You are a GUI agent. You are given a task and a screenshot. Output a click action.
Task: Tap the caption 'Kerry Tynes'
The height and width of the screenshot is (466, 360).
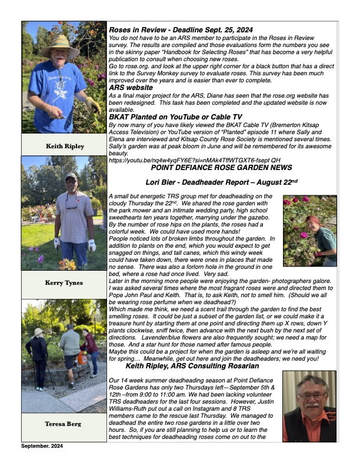click(x=64, y=282)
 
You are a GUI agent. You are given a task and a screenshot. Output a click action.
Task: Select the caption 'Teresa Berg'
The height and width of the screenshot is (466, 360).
click(x=64, y=424)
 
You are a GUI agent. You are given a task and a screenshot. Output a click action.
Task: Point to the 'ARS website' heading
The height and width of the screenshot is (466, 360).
click(x=129, y=87)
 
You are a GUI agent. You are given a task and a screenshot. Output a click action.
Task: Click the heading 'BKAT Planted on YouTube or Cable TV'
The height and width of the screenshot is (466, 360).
click(x=175, y=117)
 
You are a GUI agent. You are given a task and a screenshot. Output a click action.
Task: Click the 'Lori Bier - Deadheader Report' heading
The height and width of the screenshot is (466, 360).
click(x=223, y=182)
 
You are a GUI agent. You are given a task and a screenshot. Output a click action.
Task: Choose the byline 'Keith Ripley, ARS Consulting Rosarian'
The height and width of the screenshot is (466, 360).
click(x=192, y=366)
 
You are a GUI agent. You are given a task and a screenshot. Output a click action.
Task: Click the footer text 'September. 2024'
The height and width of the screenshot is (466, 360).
click(x=42, y=447)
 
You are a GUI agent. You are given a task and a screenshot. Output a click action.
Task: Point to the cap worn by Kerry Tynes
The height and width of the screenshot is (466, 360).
click(x=71, y=177)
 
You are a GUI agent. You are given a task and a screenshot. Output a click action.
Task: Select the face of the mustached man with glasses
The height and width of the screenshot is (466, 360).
click(x=310, y=393)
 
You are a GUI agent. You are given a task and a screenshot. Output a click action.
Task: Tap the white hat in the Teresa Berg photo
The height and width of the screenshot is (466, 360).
click(x=39, y=332)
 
